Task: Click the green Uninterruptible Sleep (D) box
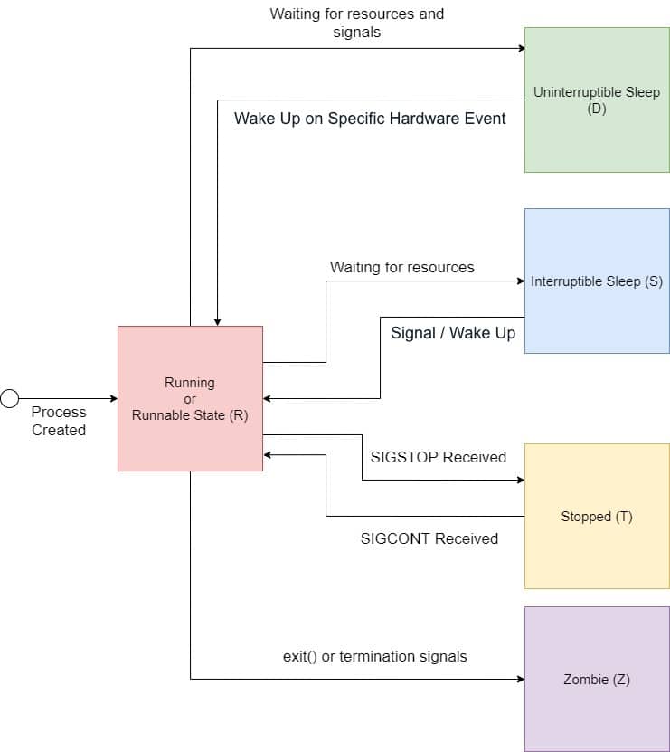click(597, 100)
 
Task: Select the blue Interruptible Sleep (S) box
click(597, 281)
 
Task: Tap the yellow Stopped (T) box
click(597, 516)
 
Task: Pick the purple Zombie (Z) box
click(597, 679)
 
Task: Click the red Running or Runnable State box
click(190, 398)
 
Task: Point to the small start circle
click(10, 398)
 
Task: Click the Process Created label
click(59, 421)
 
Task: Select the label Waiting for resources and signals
click(357, 23)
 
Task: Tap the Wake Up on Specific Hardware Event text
click(370, 119)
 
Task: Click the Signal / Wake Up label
click(453, 333)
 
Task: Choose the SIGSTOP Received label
click(439, 457)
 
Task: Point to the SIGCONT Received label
click(429, 538)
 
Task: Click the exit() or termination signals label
click(375, 656)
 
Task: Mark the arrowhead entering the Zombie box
click(520, 679)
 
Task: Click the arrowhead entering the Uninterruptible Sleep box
click(520, 48)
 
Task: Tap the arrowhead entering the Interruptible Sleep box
click(520, 281)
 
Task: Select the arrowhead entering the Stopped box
click(520, 480)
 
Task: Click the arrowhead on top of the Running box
click(217, 321)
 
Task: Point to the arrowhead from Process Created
click(113, 398)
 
